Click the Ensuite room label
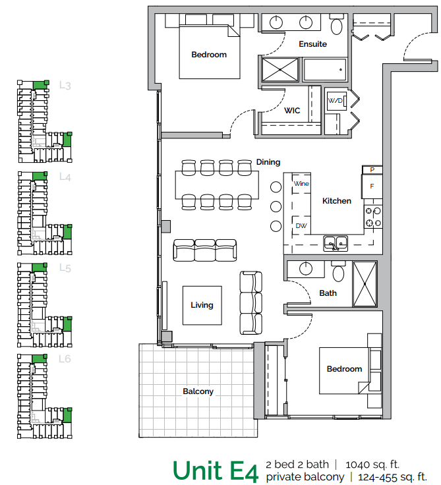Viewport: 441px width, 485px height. pyautogui.click(x=312, y=44)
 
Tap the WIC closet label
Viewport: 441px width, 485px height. pyautogui.click(x=292, y=111)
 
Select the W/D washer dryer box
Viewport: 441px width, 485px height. pyautogui.click(x=336, y=101)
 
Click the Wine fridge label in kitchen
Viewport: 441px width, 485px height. pyautogui.click(x=301, y=183)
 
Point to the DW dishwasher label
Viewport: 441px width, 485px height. pyautogui.click(x=301, y=225)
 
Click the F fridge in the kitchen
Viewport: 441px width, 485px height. pyautogui.click(x=372, y=186)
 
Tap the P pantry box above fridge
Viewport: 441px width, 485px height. pyautogui.click(x=372, y=170)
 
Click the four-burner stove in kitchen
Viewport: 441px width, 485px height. pyautogui.click(x=374, y=217)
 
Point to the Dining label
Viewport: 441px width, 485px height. pyautogui.click(x=268, y=162)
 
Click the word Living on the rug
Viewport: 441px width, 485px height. pyautogui.click(x=202, y=305)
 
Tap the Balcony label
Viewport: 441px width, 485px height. pyautogui.click(x=198, y=391)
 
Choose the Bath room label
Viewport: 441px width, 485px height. pyautogui.click(x=328, y=293)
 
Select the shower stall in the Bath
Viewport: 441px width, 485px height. pyautogui.click(x=365, y=283)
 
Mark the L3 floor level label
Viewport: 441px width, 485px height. pyautogui.click(x=65, y=85)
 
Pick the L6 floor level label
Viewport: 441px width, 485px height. pyautogui.click(x=65, y=359)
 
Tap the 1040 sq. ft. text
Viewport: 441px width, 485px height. pyautogui.click(x=372, y=464)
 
